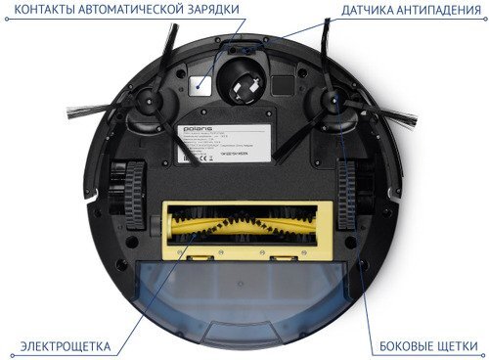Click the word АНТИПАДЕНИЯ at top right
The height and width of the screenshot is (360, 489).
tap(441, 11)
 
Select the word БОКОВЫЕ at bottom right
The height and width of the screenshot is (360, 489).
tap(408, 346)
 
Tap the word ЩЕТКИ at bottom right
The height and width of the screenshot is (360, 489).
tap(461, 346)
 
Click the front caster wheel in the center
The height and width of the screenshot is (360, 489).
tap(240, 79)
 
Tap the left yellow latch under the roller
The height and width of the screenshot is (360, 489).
tap(200, 259)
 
